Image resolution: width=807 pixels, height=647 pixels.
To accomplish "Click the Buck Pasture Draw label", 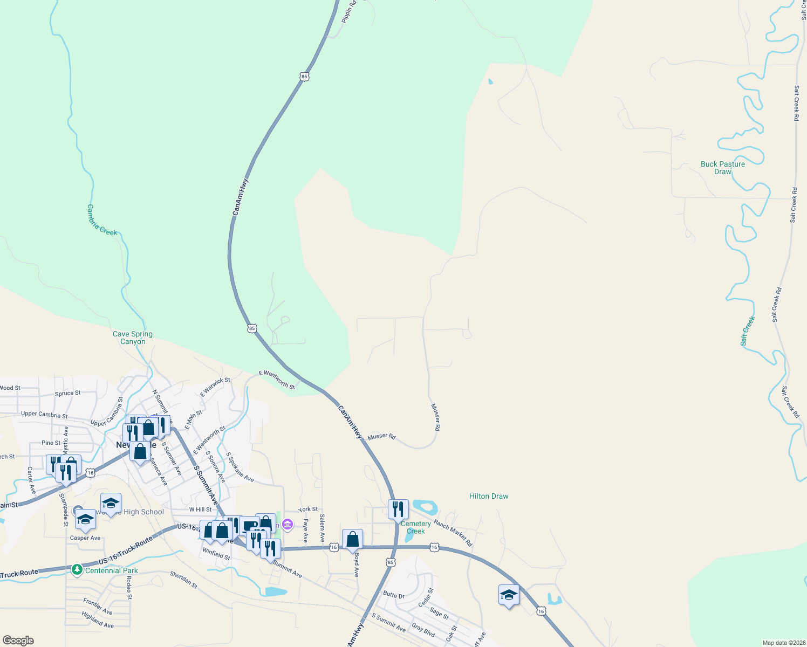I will pyautogui.click(x=722, y=168).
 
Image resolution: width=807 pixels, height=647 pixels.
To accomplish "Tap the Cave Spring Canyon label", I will pyautogui.click(x=133, y=338).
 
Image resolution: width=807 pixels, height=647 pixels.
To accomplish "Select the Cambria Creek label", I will pyautogui.click(x=102, y=220).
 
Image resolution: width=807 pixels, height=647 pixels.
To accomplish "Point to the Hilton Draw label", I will pyautogui.click(x=489, y=496).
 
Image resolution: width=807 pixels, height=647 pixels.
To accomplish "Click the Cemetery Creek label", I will pyautogui.click(x=415, y=527).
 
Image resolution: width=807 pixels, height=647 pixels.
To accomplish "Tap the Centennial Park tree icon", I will pyautogui.click(x=77, y=569).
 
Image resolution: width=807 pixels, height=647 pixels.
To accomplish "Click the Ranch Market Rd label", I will pyautogui.click(x=453, y=533).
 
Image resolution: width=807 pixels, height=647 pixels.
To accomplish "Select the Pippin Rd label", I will pyautogui.click(x=348, y=11).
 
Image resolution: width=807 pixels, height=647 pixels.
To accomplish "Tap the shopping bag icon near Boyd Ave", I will pyautogui.click(x=352, y=539).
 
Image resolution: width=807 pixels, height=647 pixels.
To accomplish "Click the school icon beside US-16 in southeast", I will pyautogui.click(x=509, y=594).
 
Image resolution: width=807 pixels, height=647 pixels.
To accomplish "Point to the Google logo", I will pyautogui.click(x=18, y=641).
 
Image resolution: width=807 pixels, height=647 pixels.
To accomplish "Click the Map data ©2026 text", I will pyautogui.click(x=783, y=643).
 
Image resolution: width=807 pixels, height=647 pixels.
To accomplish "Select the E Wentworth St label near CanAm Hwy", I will pyautogui.click(x=277, y=380).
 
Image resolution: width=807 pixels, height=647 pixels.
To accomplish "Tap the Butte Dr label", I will pyautogui.click(x=393, y=595).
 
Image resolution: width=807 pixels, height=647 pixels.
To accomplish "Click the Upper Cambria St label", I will pyautogui.click(x=44, y=415).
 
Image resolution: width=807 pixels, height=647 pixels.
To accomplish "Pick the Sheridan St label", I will pyautogui.click(x=183, y=580).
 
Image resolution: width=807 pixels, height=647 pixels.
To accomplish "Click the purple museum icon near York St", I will pyautogui.click(x=288, y=524).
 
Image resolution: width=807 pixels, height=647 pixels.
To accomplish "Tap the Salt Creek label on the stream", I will pyautogui.click(x=748, y=331).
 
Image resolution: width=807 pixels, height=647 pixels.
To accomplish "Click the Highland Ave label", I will pyautogui.click(x=98, y=620).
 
